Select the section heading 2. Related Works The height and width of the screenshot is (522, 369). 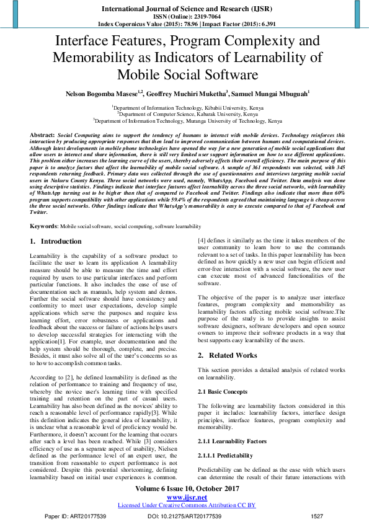tap(227, 355)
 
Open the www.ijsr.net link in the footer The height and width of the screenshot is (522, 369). tap(187, 497)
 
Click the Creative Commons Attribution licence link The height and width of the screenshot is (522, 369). tap(187, 505)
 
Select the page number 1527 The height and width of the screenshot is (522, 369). tap(317, 516)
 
